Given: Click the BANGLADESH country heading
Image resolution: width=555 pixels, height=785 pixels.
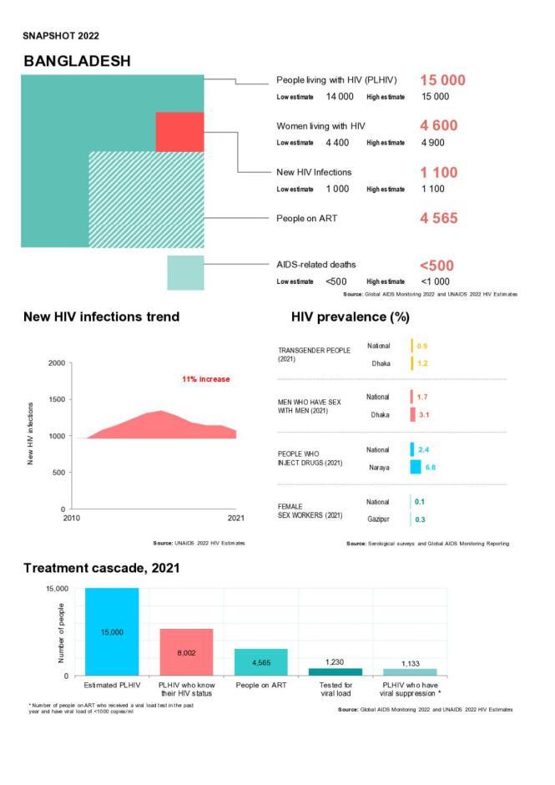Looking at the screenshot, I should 76,62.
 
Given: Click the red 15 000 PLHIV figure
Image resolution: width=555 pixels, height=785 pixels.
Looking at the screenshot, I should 442,80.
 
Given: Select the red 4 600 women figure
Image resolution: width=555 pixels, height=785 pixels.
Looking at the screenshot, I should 438,125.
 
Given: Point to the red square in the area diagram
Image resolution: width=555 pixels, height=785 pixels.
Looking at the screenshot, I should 179,131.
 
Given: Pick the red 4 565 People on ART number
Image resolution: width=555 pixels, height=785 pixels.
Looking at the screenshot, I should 438,219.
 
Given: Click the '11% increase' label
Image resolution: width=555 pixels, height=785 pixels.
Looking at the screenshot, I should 205,379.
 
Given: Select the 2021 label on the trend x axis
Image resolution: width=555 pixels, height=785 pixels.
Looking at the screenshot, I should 236,519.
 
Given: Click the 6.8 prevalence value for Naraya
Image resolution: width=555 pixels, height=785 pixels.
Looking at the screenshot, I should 430,467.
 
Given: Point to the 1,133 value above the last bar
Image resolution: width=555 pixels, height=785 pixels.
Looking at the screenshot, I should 410,663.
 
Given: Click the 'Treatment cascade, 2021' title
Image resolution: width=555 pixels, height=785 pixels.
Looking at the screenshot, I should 101,568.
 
